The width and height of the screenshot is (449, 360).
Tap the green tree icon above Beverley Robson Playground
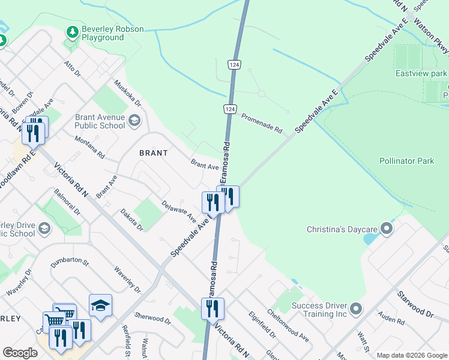point(72,31)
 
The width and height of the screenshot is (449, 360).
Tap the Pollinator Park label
point(406,161)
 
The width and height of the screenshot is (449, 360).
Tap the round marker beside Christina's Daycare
point(387,229)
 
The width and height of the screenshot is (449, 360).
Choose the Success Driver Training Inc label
point(320,310)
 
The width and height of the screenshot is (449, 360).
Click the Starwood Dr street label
point(415,305)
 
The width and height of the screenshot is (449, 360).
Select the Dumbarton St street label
point(70,263)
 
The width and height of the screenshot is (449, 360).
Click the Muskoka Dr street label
point(127,92)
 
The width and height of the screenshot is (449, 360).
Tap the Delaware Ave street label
point(179,209)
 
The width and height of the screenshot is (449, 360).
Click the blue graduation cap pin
point(100,306)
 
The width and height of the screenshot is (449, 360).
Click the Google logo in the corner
point(20,353)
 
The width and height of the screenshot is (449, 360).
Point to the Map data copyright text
point(411,355)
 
